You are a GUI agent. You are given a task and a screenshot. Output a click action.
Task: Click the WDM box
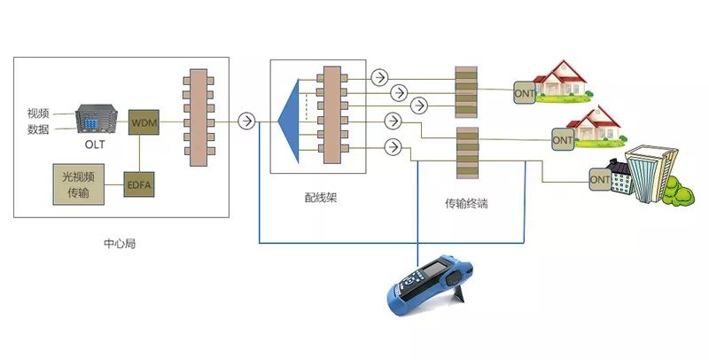[144, 122]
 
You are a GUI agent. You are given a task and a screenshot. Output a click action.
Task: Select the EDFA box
[140, 185]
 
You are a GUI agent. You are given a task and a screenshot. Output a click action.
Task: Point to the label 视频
[38, 113]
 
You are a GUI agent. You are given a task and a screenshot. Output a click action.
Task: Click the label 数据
[38, 129]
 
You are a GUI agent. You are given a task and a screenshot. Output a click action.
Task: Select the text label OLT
[95, 145]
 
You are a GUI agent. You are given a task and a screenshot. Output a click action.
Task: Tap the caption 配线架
[319, 198]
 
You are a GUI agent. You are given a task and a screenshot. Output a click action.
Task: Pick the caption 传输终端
[466, 203]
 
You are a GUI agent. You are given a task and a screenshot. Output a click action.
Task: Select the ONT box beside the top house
[525, 91]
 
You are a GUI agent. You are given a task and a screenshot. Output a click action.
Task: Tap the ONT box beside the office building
[600, 180]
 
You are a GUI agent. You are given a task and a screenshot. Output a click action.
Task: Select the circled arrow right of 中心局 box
[247, 121]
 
